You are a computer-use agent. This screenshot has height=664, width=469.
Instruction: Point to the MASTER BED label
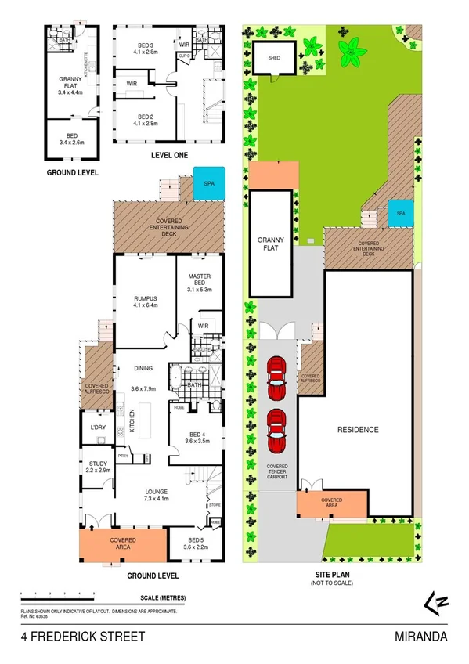coord(200,281)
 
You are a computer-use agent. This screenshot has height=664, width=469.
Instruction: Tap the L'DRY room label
coord(98,427)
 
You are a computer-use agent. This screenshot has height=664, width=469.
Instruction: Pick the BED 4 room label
coord(197,437)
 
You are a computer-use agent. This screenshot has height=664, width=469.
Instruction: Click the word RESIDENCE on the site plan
coord(358,430)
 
